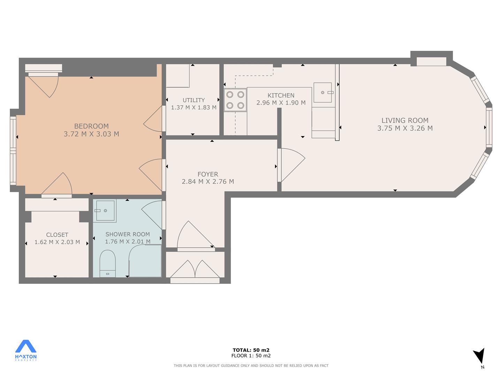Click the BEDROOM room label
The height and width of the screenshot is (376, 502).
point(91,126)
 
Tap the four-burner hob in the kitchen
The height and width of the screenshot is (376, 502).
point(235,100)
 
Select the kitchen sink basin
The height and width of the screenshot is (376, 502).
point(322,93)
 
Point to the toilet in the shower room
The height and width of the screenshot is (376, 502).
point(107,264)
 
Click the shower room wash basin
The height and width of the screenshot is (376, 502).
point(105,211)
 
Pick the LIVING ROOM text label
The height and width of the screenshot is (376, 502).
point(405,120)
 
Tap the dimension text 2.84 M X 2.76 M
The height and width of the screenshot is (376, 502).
point(208,182)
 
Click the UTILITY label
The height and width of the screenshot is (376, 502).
point(193,100)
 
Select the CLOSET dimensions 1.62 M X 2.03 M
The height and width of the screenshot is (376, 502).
point(57,242)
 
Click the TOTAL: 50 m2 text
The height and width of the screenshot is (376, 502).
point(251,350)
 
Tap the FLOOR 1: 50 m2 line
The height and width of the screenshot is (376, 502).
point(251,356)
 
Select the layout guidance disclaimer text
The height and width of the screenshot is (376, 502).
point(251,366)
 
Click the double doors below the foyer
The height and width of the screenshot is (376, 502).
point(195,272)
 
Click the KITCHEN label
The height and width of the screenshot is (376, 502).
point(281,95)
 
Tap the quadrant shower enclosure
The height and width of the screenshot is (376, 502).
point(145,261)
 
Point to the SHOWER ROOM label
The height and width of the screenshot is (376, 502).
point(128,234)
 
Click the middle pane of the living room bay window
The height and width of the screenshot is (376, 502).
point(489,128)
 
